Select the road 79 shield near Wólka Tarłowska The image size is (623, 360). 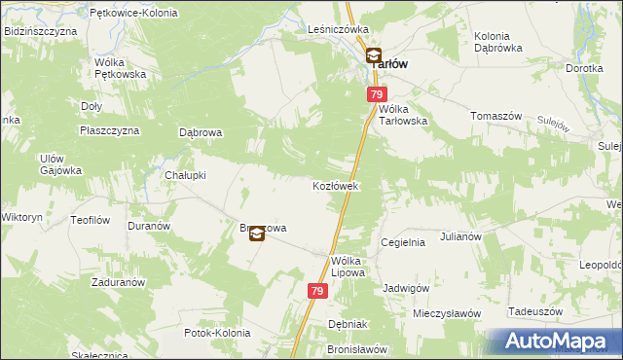(377, 94)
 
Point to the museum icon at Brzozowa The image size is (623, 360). (256, 234)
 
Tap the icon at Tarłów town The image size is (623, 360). (373, 56)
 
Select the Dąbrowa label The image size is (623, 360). (202, 132)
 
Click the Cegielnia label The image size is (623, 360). (403, 242)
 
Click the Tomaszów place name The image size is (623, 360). (496, 115)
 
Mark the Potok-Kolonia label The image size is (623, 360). (216, 333)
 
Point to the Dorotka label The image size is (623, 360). (584, 69)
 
